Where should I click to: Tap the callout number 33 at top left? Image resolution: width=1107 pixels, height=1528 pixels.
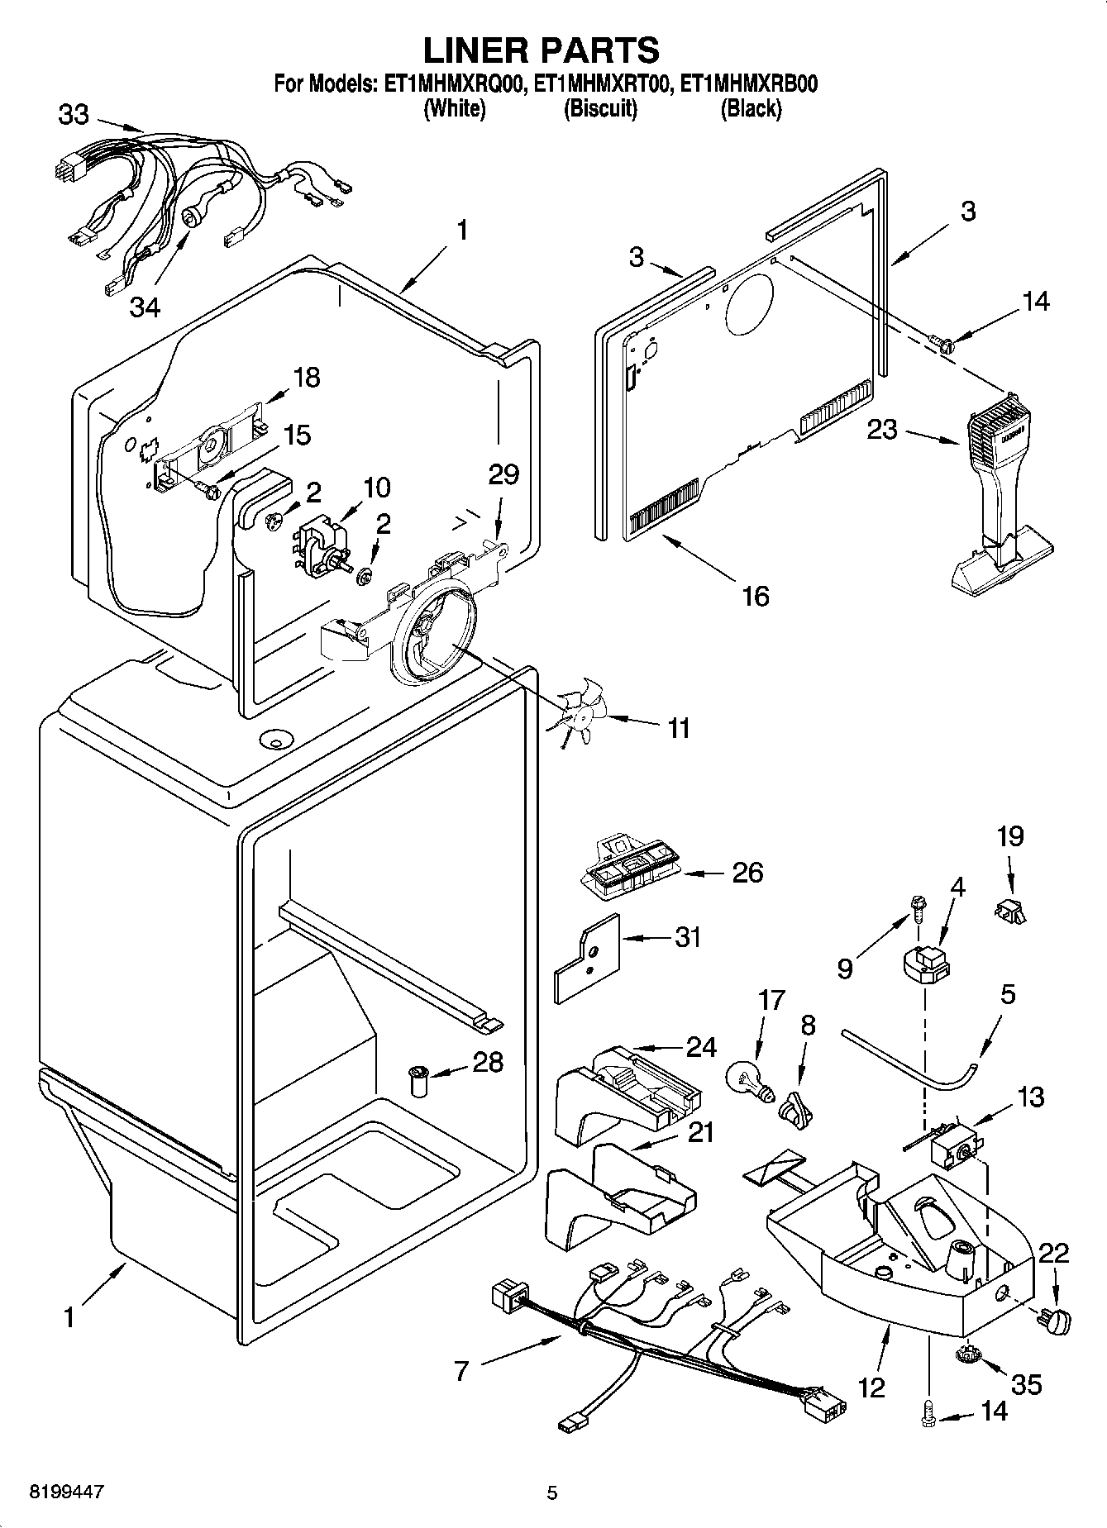(73, 115)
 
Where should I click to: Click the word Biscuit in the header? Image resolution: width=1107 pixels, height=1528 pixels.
(600, 108)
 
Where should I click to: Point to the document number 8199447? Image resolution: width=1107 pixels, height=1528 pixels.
(66, 1492)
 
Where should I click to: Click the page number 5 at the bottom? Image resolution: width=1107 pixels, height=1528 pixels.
(552, 1492)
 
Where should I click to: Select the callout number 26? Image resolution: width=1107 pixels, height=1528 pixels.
(747, 873)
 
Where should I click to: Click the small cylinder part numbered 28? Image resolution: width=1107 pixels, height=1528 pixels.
(422, 1081)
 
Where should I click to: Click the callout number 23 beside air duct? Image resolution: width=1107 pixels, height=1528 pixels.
(882, 429)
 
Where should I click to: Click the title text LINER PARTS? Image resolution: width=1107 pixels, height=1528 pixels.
(542, 50)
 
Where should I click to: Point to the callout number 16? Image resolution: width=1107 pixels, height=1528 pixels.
(755, 595)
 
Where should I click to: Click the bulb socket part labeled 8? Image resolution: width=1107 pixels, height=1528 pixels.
(794, 1107)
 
